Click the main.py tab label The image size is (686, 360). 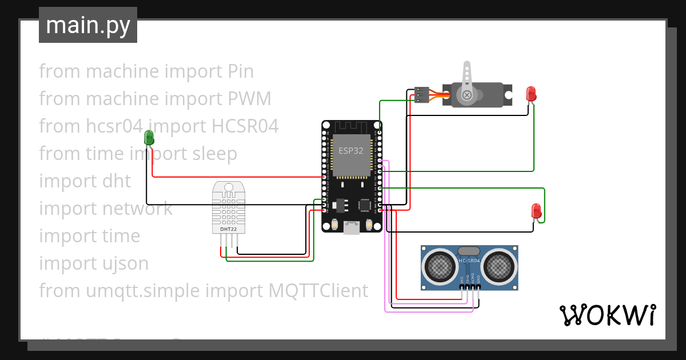[x=87, y=25]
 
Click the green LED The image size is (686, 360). [x=149, y=137]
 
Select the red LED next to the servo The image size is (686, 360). [x=531, y=93]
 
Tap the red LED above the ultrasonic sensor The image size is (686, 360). [x=536, y=210]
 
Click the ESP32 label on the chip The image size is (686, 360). [x=350, y=151]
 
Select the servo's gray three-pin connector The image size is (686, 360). [x=421, y=95]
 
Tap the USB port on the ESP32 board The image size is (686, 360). [x=351, y=228]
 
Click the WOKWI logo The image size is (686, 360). [x=607, y=315]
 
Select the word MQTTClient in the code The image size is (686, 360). [x=318, y=290]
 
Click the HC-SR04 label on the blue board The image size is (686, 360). [x=469, y=261]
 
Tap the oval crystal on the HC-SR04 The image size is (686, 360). [x=469, y=250]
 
